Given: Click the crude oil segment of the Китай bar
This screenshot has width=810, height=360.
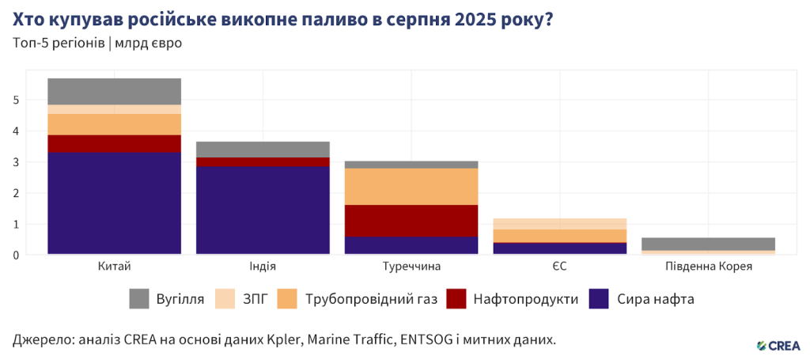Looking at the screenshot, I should (114, 203).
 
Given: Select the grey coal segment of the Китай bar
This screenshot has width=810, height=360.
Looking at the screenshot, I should (114, 91).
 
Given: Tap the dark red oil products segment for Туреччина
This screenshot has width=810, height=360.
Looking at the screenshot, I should (411, 221).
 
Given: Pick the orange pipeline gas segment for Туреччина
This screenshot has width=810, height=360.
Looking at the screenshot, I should (411, 187).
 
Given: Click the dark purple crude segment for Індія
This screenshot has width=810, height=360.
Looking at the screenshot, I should (263, 210).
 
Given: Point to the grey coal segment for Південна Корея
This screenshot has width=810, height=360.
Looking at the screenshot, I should (709, 244).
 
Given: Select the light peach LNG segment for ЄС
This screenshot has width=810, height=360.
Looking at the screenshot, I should (560, 224).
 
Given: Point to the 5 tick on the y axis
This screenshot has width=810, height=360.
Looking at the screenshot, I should (16, 100).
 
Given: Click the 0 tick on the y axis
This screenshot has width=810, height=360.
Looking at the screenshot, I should (16, 255).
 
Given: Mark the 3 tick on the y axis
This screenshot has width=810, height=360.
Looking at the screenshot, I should (16, 162).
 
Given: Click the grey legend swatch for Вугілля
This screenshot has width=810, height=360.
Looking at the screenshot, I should (139, 299).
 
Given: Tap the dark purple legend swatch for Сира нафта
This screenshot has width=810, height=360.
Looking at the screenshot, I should (599, 299).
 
